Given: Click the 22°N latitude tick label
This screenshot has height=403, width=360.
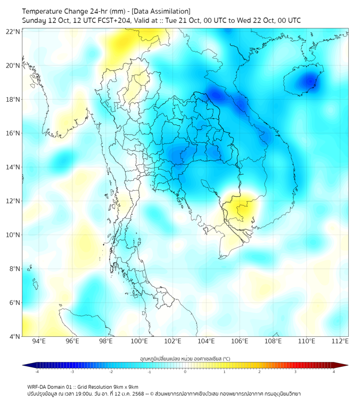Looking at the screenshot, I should pos(13,31).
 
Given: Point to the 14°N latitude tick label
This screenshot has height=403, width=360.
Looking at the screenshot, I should pos(13,167).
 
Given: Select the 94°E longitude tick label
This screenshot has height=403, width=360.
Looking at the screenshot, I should pos(39,341).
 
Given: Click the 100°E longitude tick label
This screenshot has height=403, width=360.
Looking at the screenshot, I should pos(139,341).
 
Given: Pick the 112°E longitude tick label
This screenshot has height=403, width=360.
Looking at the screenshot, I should pos(340,341).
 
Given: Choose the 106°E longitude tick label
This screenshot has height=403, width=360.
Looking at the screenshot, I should pos(240,341).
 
